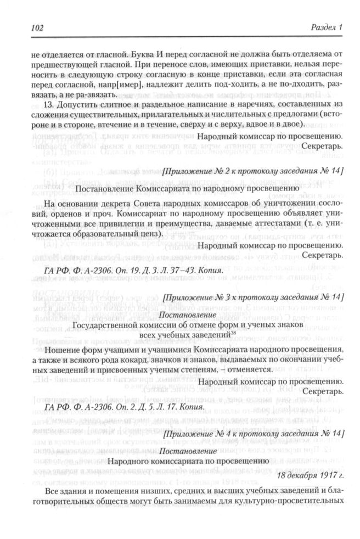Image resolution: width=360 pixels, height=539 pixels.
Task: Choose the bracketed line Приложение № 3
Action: pos(253,297)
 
